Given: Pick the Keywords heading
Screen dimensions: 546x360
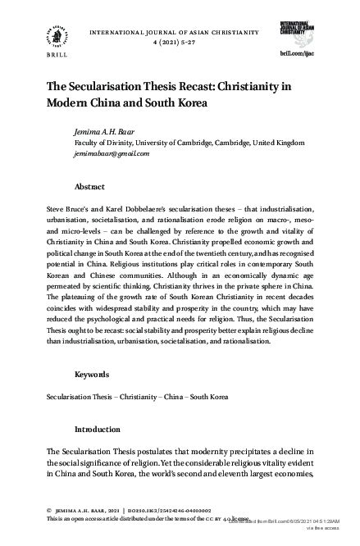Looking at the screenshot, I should point(92,374).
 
